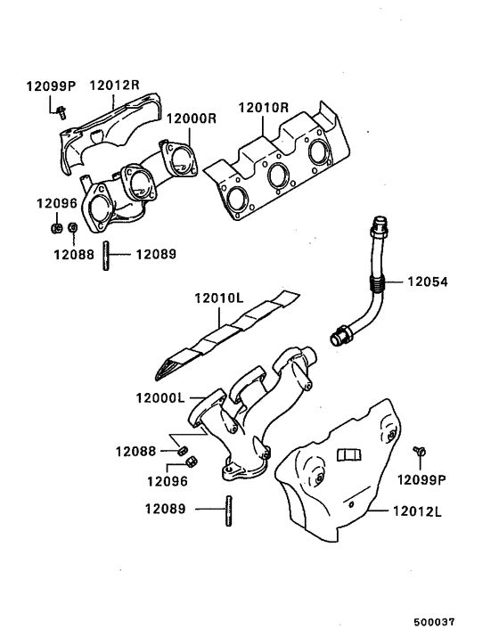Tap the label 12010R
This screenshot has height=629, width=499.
click(x=263, y=108)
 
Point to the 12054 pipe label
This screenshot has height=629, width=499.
click(x=428, y=282)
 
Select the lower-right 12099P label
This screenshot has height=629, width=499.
click(x=422, y=479)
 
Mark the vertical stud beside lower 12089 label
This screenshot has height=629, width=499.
click(x=228, y=511)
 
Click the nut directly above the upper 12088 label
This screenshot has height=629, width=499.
click(x=73, y=229)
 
